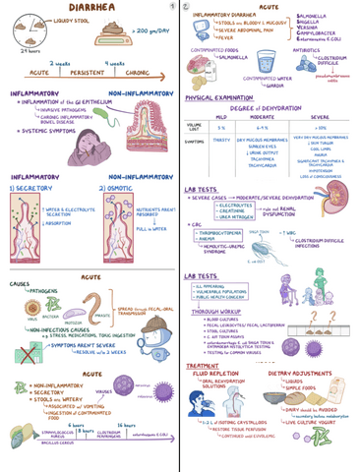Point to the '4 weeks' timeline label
click(114, 63)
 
